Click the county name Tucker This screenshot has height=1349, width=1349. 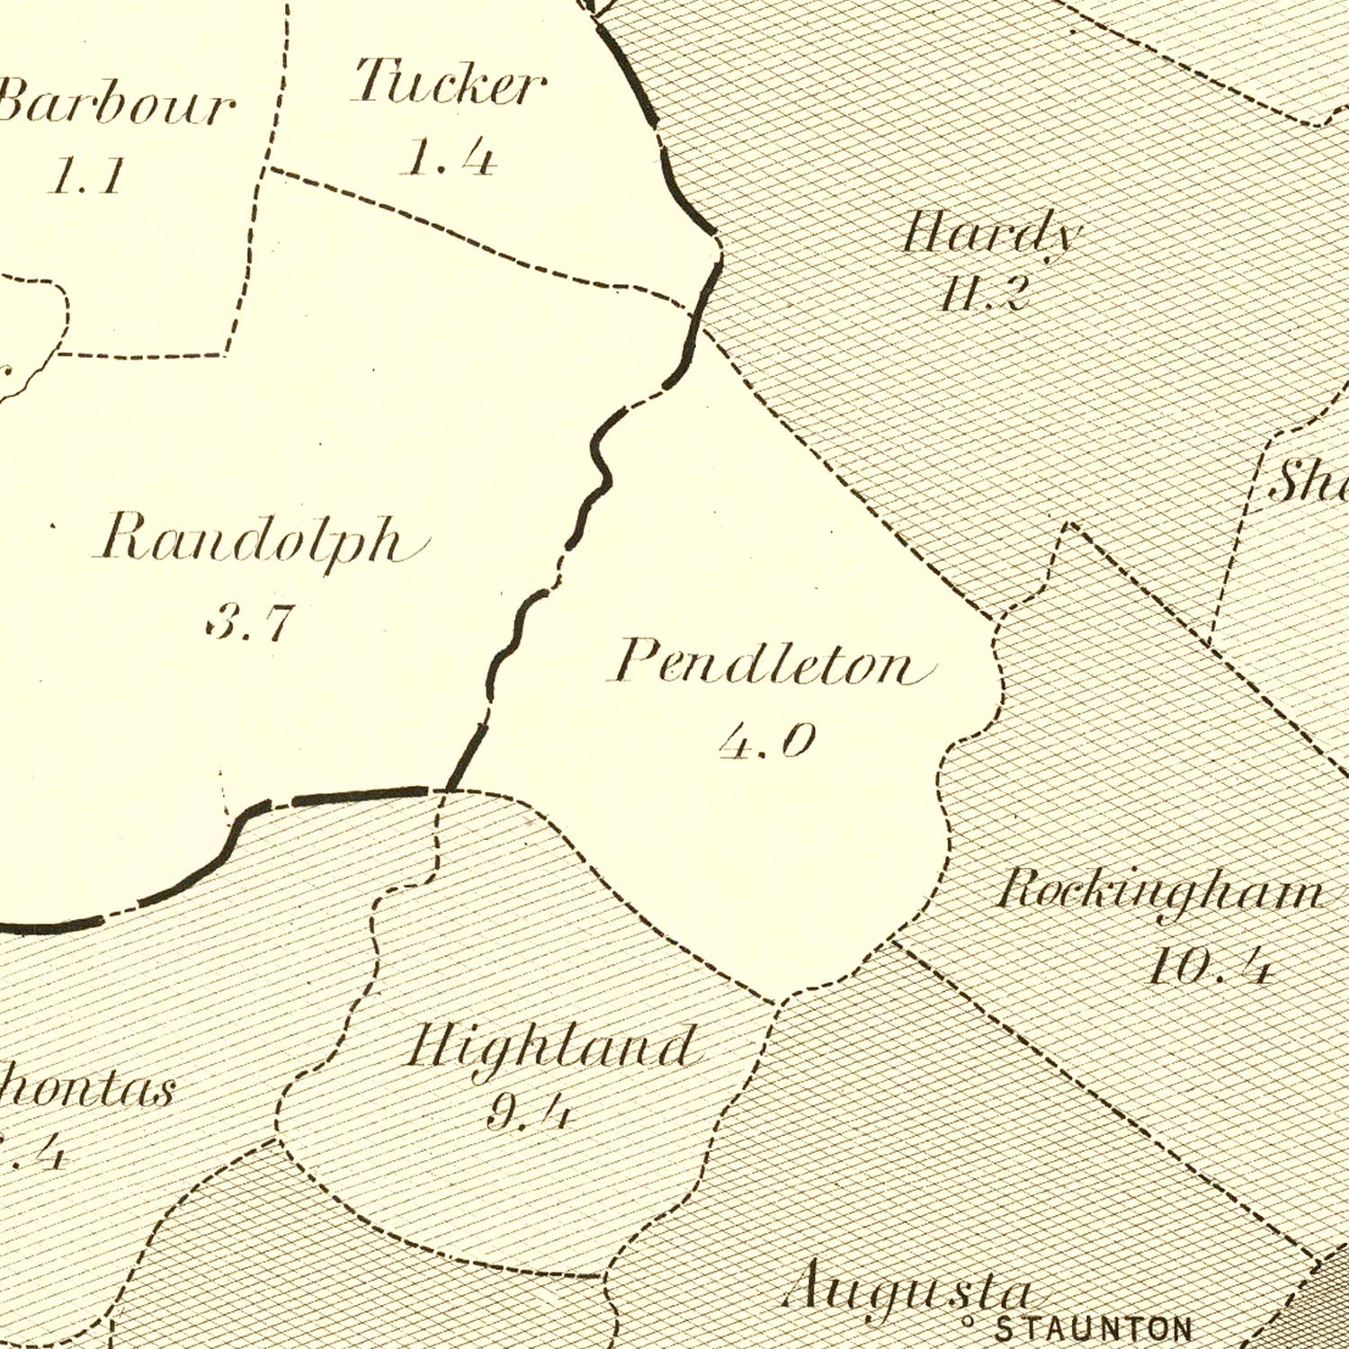click(x=448, y=84)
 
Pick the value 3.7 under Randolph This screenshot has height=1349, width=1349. click(x=250, y=621)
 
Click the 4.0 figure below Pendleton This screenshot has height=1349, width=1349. click(x=767, y=742)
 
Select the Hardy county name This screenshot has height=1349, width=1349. click(x=991, y=236)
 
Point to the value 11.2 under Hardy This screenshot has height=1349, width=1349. click(x=983, y=293)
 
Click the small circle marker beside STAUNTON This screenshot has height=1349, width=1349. click(x=969, y=1323)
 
